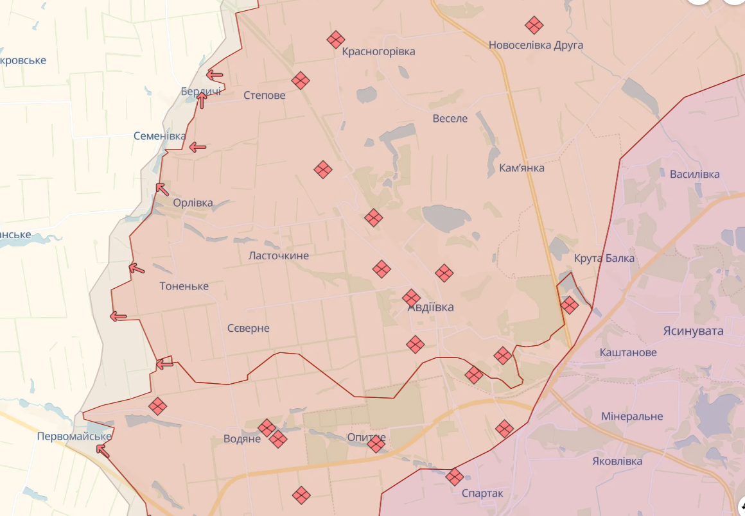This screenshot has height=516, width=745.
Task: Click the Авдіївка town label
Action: pyautogui.click(x=431, y=307)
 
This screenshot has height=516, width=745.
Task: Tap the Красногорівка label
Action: pyautogui.click(x=378, y=51)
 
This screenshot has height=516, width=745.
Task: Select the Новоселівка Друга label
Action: pyautogui.click(x=536, y=46)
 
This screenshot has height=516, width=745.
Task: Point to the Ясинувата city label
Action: pyautogui.click(x=693, y=331)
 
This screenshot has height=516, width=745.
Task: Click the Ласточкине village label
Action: pyautogui.click(x=279, y=255)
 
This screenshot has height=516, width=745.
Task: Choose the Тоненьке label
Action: pyautogui.click(x=184, y=286)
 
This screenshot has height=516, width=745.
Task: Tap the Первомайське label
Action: pyautogui.click(x=74, y=436)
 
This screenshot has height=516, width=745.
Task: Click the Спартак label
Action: pyautogui.click(x=482, y=494)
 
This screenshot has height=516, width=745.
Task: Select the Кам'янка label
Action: pyautogui.click(x=521, y=168)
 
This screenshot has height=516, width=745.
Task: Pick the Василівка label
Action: pyautogui.click(x=694, y=175)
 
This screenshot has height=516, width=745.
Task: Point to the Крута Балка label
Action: pyautogui.click(x=604, y=259)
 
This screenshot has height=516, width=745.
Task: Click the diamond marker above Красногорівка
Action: pyautogui.click(x=335, y=40)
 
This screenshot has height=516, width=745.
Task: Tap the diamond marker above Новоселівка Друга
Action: pyautogui.click(x=534, y=26)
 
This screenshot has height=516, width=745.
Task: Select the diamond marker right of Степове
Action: pyautogui.click(x=301, y=80)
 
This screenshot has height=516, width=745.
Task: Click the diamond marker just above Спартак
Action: pyautogui.click(x=455, y=476)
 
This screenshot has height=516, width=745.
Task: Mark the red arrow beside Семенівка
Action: pyautogui.click(x=197, y=148)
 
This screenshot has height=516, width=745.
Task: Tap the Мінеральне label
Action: pyautogui.click(x=632, y=417)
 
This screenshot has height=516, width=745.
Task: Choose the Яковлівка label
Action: pyautogui.click(x=617, y=461)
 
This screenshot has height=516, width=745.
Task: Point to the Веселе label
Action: pyautogui.click(x=450, y=119)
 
